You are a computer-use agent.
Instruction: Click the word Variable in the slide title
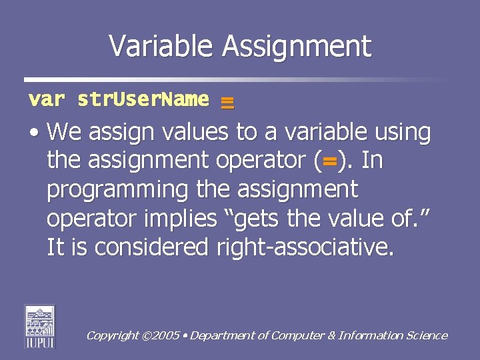pos(162,46)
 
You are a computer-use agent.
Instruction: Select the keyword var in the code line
pos(46,100)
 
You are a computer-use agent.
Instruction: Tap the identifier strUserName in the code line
pos(143,100)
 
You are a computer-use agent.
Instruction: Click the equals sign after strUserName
pos(227,102)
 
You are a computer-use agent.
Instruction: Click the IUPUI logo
pos(40,326)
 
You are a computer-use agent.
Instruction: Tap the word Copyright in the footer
pos(113,336)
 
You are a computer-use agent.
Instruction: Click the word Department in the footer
pos(223,336)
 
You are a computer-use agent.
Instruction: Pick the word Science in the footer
pos(427,335)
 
